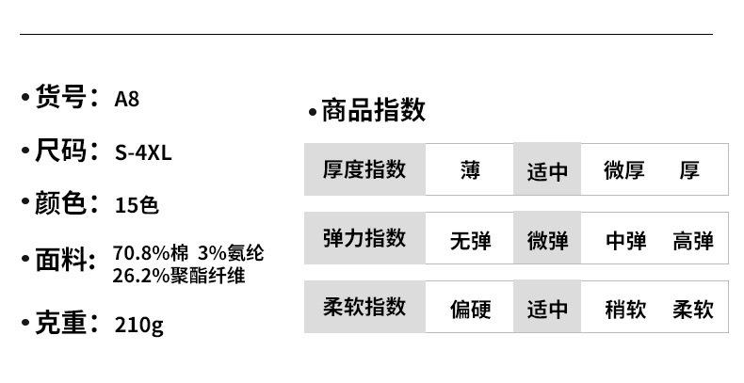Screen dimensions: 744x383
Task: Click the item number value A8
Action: tap(126, 98)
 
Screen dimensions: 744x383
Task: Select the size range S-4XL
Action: tap(142, 152)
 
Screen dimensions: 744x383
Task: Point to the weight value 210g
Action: tap(138, 326)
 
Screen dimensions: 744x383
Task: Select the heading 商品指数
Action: tap(373, 111)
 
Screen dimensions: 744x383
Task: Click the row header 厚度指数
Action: tap(364, 169)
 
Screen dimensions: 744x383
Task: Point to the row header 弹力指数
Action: tap(364, 238)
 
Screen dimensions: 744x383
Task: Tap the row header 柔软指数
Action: tap(364, 307)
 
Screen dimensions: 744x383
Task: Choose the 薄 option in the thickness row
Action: tap(470, 170)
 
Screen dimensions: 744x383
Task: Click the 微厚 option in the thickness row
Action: tap(623, 170)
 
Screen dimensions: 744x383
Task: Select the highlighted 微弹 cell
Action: tap(547, 240)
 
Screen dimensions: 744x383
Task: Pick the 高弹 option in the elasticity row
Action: tap(693, 240)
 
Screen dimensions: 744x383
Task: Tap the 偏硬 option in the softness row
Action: tap(470, 308)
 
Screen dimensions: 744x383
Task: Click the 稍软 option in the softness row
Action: tap(625, 308)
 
